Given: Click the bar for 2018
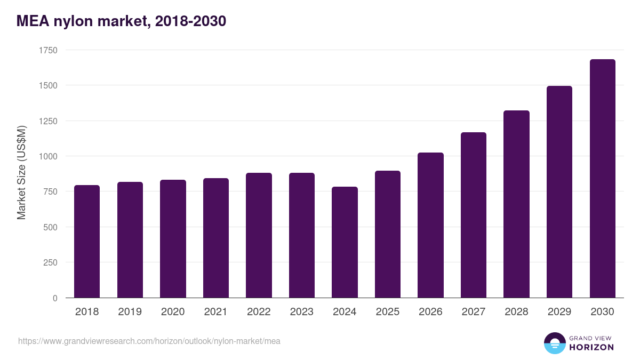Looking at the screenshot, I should point(87,241).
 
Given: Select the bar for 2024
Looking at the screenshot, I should point(345,242).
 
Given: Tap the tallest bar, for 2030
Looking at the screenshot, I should point(602,179).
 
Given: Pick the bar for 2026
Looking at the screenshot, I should point(430,225).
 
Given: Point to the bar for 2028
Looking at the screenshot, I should point(516,204).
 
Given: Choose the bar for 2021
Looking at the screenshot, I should point(215,238).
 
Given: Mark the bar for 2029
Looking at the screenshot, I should point(559,192).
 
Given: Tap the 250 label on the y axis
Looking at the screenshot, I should point(50,262).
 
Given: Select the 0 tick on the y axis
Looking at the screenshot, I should point(55,298).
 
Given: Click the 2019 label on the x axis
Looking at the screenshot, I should point(130,312).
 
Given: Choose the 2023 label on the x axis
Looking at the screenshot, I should point(301,312).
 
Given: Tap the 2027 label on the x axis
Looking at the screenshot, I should point(473,312).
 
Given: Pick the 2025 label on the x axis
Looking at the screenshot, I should point(387,312).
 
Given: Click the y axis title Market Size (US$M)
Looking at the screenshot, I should point(21,173).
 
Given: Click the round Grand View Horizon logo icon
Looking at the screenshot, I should point(554,343).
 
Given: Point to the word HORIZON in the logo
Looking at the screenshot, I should point(591,347).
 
